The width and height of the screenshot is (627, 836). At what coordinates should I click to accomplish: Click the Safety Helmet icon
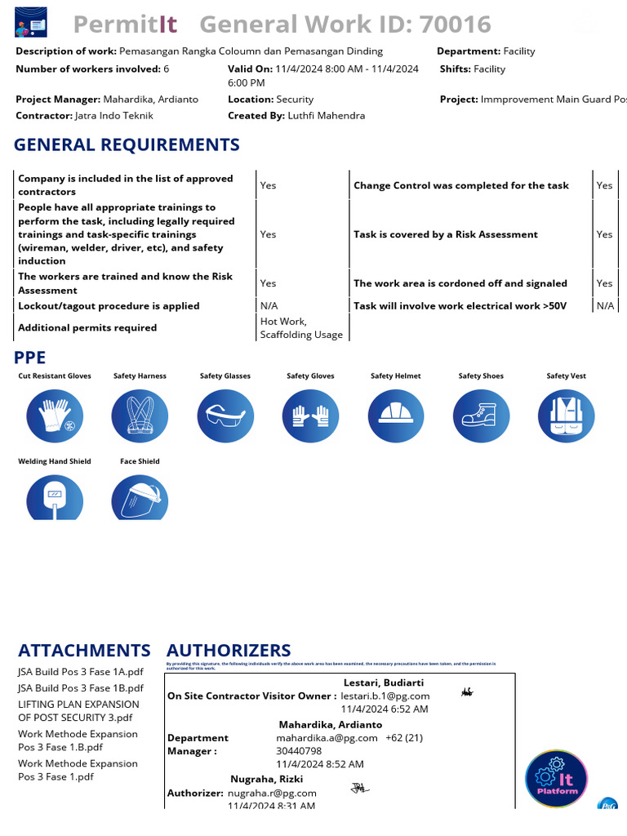pos(396,416)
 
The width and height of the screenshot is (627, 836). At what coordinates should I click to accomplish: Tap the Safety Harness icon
pos(140,416)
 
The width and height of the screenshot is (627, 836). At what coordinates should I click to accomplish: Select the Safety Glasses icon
pos(225,416)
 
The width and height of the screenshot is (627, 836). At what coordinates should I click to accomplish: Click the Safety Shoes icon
pos(481,416)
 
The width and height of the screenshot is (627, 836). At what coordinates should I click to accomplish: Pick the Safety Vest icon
pos(567,416)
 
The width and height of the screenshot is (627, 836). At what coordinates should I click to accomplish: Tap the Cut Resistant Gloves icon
pos(55,416)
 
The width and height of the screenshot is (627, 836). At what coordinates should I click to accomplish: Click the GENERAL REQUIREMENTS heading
pos(127,145)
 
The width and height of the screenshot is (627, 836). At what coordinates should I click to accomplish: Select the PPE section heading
pos(30,358)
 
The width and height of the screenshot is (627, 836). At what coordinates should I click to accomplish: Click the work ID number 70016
pos(455,24)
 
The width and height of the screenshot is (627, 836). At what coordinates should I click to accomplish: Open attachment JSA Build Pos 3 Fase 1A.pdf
pos(81,672)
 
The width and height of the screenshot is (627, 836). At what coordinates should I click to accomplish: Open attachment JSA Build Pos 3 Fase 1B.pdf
pos(81,688)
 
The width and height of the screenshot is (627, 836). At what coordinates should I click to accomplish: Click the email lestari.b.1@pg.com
pos(385,696)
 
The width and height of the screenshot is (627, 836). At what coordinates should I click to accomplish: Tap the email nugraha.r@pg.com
pos(272,793)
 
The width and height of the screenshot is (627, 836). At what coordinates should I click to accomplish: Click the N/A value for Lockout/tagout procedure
pos(269,306)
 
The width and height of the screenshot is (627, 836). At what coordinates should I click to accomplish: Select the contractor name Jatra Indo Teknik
pos(114,116)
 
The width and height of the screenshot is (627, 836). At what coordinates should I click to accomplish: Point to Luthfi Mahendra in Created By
pos(327,116)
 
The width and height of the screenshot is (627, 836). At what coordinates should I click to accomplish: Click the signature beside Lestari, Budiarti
pos(467,692)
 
